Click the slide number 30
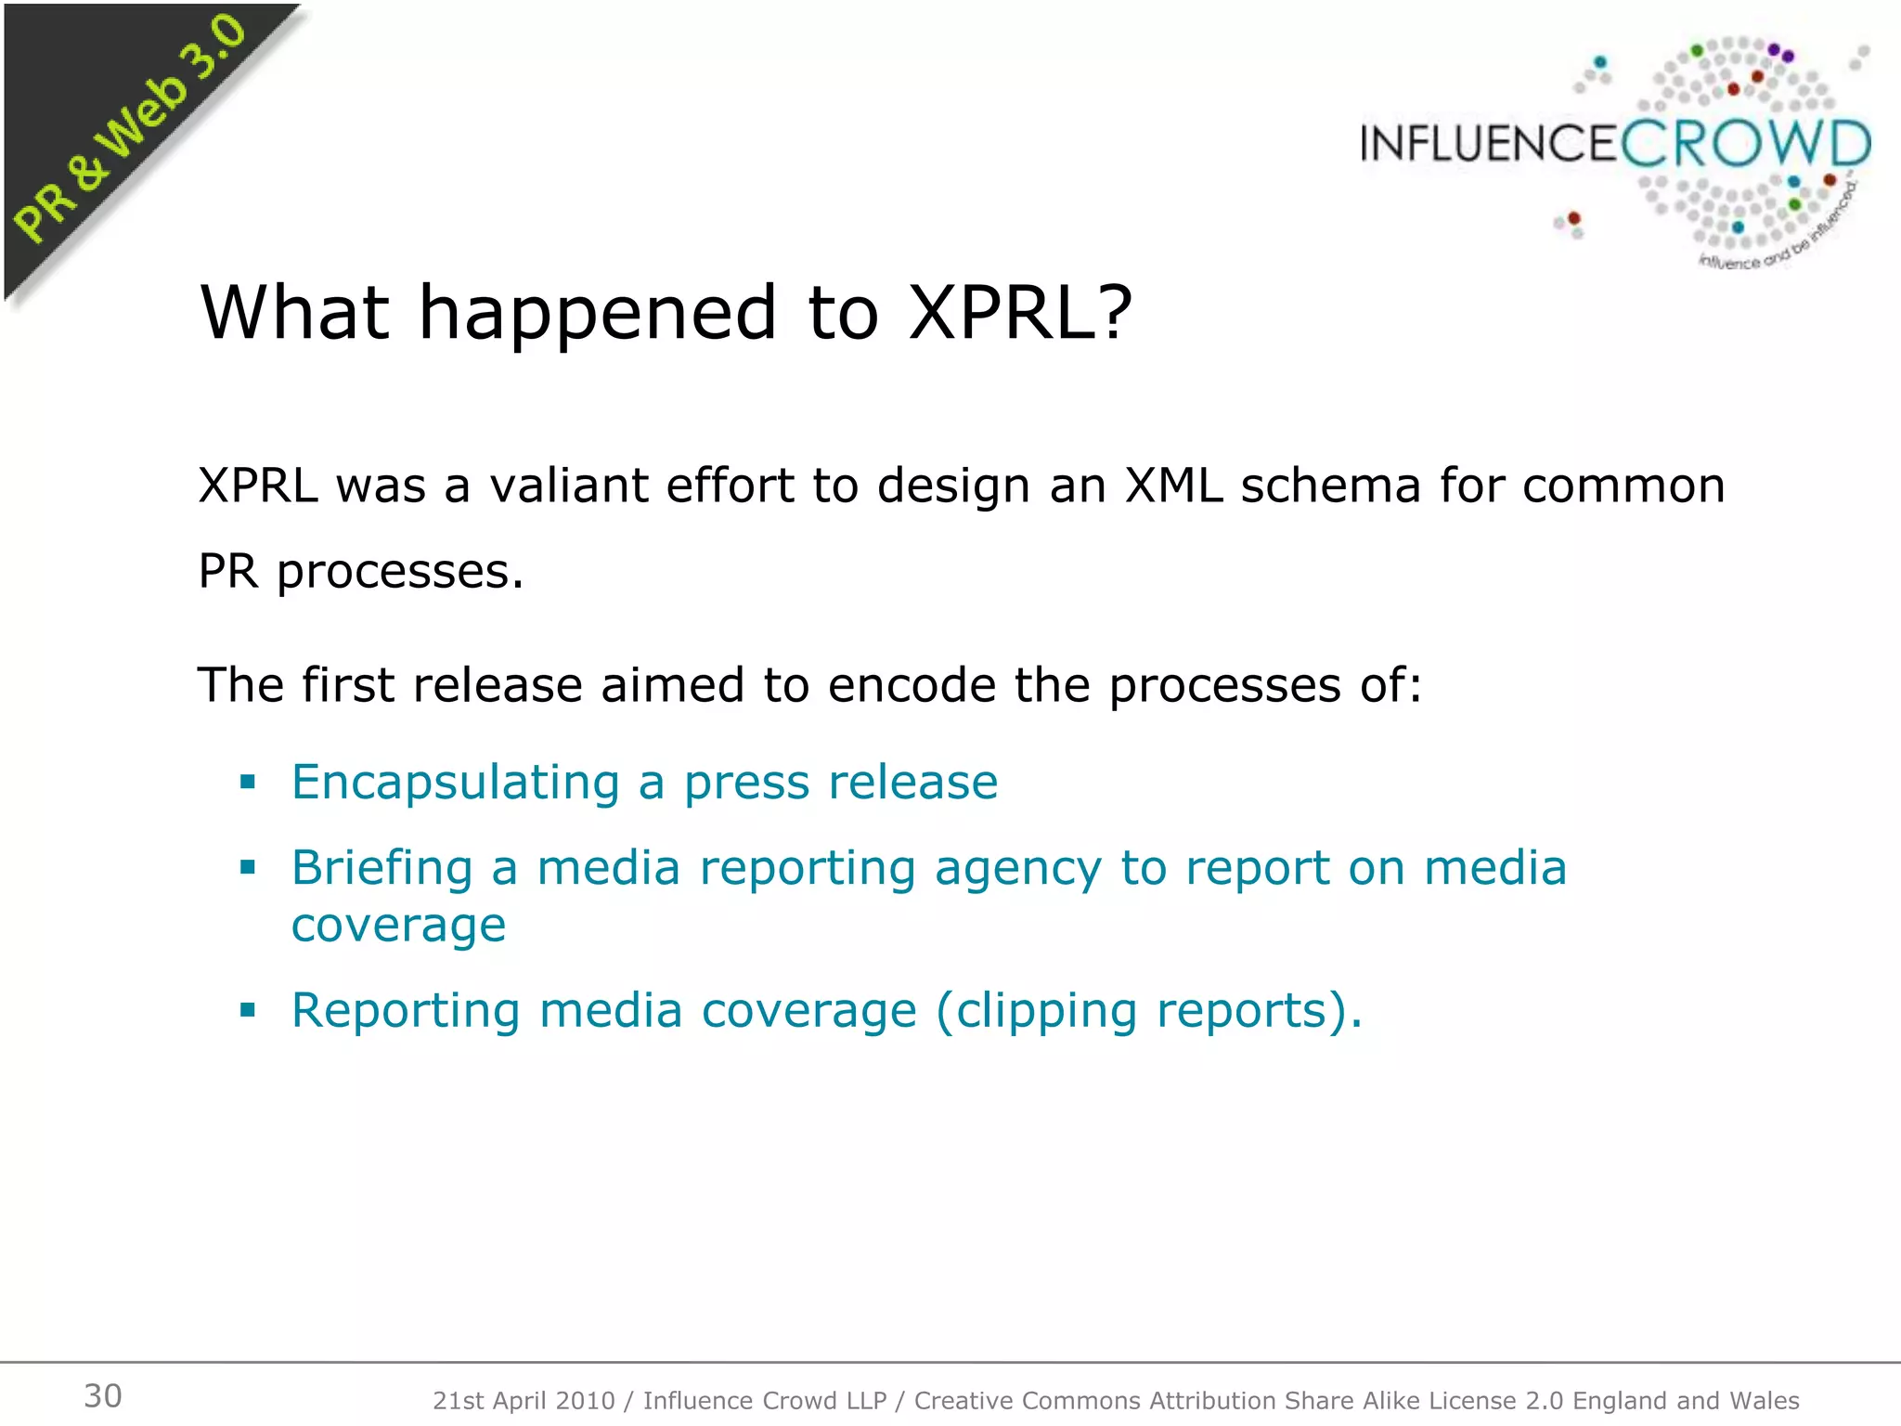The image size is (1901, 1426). [x=103, y=1395]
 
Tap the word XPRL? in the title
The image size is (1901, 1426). [x=1020, y=312]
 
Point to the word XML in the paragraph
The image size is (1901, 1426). [x=1174, y=485]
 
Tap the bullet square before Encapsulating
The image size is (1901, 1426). [x=247, y=782]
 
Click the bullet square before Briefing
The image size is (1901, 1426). [x=247, y=868]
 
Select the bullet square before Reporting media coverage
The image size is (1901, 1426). [x=247, y=1010]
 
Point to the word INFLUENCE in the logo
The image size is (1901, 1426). [x=1489, y=145]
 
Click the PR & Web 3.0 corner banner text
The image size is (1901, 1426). [x=130, y=130]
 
